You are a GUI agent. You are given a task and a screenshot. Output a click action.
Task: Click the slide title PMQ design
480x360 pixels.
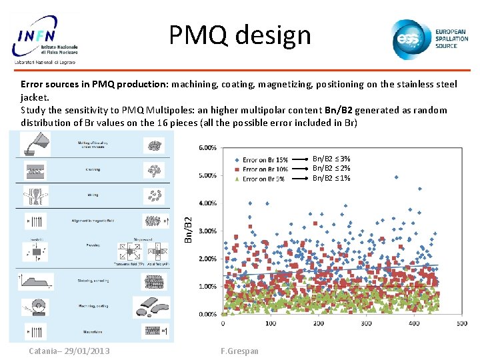[240, 35]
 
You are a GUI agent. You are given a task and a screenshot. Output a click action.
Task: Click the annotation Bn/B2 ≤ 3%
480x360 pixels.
[331, 159]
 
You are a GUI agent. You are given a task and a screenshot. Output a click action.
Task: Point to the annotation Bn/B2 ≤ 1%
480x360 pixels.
[331, 178]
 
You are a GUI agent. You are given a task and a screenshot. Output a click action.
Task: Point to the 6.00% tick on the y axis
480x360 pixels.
[207, 147]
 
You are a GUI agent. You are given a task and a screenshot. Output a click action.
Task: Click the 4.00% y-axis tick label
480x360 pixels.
[207, 203]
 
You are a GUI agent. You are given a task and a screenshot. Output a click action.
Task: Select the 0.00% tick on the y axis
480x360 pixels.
[207, 314]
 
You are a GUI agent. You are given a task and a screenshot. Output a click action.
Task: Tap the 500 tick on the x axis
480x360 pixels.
[462, 323]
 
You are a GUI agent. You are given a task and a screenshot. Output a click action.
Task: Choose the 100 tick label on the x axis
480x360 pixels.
[270, 323]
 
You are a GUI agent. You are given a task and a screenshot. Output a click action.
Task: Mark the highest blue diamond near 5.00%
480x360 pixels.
[396, 177]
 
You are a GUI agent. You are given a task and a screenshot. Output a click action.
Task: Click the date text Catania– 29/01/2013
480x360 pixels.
[69, 351]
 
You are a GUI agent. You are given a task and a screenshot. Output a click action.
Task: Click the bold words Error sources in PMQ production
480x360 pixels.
[95, 85]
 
